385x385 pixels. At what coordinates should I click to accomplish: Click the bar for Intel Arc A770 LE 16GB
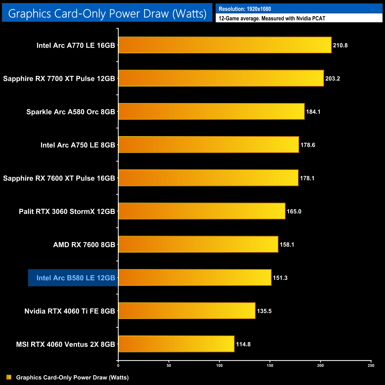tap(225, 45)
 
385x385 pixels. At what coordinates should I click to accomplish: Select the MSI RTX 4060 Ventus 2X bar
tap(177, 344)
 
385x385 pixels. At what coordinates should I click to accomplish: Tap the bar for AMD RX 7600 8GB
tap(198, 244)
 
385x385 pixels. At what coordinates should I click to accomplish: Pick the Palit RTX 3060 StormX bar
tap(202, 211)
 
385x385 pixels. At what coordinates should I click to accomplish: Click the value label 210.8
tap(340, 45)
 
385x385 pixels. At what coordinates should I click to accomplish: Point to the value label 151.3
tap(280, 278)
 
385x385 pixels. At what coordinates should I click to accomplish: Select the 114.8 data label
tap(243, 344)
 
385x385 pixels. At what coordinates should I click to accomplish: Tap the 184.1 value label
tap(313, 112)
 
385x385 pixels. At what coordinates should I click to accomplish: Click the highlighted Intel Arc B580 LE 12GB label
tap(76, 278)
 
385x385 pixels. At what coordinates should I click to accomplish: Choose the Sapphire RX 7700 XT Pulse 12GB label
tap(59, 78)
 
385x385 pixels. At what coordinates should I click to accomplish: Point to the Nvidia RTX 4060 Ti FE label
tap(70, 311)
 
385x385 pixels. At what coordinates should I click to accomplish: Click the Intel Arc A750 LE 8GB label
tap(78, 145)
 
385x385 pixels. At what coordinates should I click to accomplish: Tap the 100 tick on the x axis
tap(219, 365)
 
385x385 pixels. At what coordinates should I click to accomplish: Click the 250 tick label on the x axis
tap(371, 365)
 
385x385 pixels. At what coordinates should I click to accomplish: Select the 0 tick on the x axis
tap(118, 365)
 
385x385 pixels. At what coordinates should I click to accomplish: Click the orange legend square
tap(9, 377)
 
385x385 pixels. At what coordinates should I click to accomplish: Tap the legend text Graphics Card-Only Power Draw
tap(72, 377)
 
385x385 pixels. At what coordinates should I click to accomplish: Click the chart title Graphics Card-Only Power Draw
tap(107, 13)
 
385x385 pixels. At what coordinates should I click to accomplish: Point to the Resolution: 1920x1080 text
tap(245, 9)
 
